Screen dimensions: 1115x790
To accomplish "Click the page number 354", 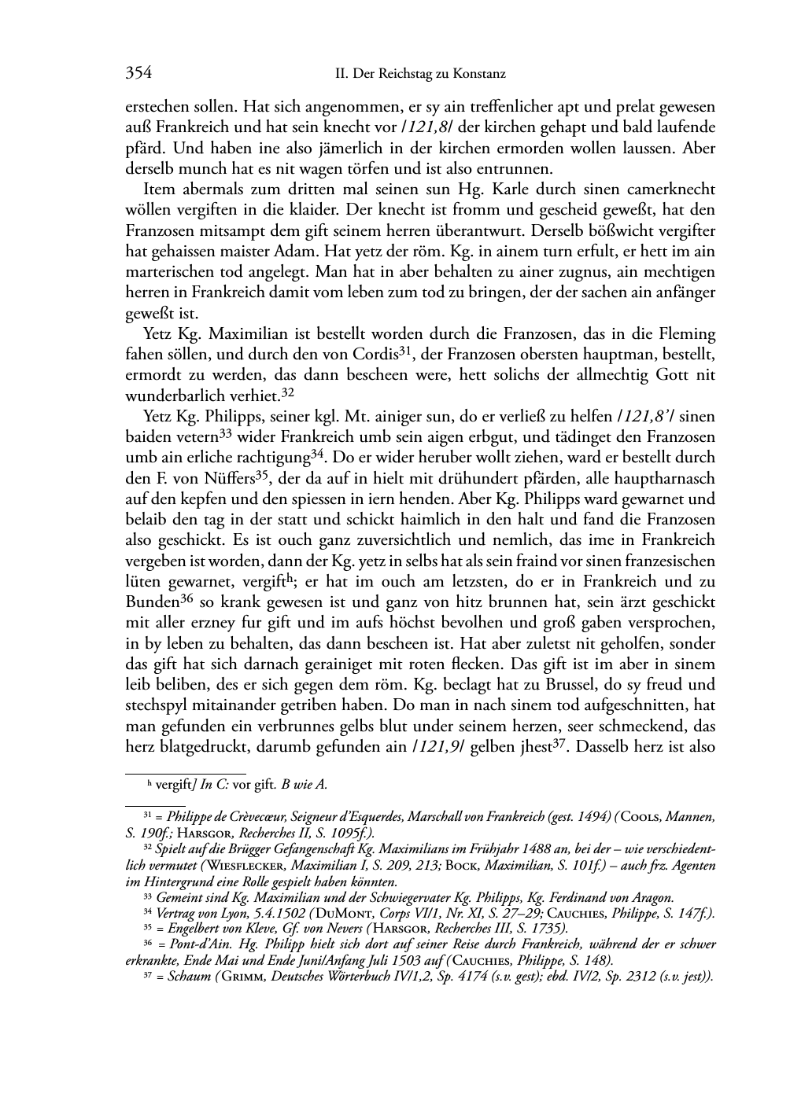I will click(x=138, y=74).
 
